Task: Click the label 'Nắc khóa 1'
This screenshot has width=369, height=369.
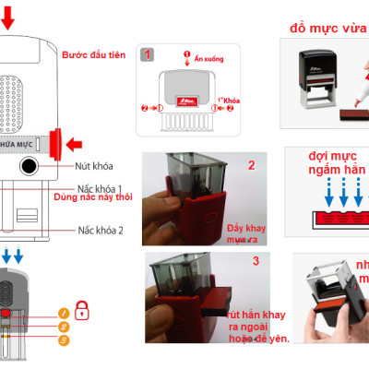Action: pos(101,185)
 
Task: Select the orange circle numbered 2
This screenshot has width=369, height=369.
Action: pos(64,327)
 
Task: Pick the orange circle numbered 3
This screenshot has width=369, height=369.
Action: pos(64,340)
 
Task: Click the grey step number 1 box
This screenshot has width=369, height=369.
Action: pos(147,54)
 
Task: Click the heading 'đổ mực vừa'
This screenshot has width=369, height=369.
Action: pos(325,29)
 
